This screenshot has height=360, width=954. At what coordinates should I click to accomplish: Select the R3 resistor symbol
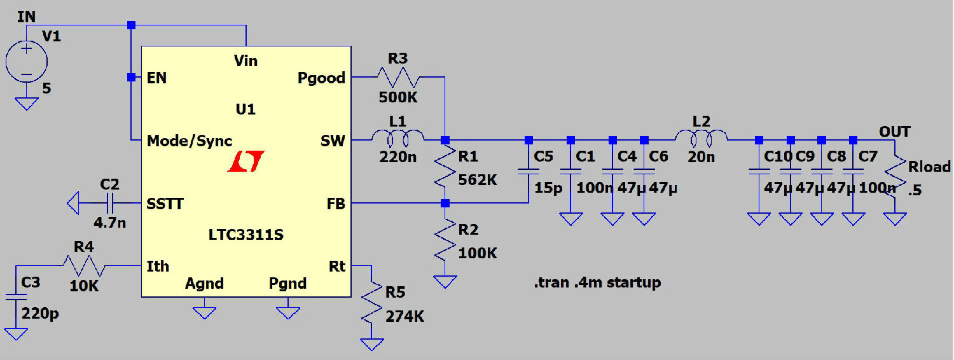coord(398,78)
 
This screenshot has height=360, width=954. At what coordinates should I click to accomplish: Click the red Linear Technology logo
coord(245,162)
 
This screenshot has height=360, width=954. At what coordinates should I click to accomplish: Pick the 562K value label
coord(477,180)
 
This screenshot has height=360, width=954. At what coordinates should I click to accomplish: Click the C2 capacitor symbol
coord(109,204)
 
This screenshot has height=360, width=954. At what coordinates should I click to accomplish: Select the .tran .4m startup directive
coord(597,282)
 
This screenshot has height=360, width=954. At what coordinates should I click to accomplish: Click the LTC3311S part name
coord(245,235)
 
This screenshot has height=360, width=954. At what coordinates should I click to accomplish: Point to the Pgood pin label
coord(321,78)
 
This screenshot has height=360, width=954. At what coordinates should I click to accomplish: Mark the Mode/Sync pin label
coord(190,141)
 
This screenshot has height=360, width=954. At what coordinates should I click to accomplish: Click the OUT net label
coord(894,132)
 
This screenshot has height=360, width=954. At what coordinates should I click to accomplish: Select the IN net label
coord(26,17)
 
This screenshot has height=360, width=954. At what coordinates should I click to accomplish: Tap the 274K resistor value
coord(405,316)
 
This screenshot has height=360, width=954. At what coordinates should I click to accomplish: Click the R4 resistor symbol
coord(83,265)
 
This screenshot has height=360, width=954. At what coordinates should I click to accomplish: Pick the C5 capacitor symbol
coord(528,170)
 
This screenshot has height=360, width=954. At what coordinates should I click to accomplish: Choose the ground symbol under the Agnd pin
coord(204,311)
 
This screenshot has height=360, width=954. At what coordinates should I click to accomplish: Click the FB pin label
coord(335,204)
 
